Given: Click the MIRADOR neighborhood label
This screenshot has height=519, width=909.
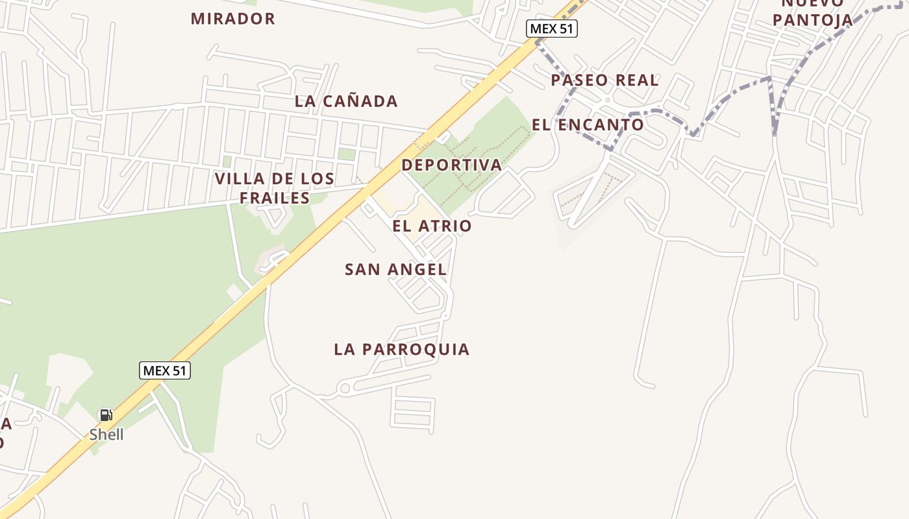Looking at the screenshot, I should click(x=233, y=19).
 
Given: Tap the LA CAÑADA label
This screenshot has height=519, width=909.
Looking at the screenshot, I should click(x=346, y=101).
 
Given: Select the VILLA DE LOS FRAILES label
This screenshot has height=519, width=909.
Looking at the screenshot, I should click(x=275, y=188).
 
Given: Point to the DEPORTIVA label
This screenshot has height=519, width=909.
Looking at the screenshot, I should click(x=452, y=165).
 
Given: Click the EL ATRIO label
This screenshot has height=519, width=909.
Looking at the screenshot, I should click(x=432, y=226).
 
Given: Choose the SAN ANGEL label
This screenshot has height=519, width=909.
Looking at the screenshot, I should click(x=395, y=269).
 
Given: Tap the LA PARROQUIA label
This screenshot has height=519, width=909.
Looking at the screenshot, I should click(x=401, y=349).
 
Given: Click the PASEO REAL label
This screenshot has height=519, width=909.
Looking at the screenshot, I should click(x=604, y=80).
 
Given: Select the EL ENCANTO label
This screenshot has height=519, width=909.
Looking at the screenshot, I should click(x=588, y=125).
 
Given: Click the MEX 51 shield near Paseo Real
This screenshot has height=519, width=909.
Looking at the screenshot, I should click(x=551, y=29).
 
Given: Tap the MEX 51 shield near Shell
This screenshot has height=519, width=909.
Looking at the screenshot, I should click(x=165, y=370).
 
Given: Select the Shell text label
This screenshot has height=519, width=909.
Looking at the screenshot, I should click(x=106, y=435).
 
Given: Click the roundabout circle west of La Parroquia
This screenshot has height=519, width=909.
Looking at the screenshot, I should click(x=345, y=389).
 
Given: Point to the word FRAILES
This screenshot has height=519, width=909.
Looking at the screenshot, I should click(x=275, y=198).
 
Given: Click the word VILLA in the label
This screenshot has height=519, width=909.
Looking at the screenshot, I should click(x=238, y=179).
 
